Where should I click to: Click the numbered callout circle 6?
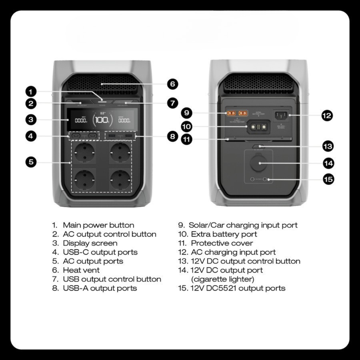coord(172,84)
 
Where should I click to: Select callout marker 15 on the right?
coord(329,179)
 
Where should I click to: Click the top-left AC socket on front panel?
coord(85,152)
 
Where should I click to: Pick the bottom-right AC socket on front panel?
coord(120,180)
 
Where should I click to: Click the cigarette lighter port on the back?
coord(258,163)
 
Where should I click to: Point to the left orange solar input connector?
coord(231,114)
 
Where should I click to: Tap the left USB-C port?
coord(76,136)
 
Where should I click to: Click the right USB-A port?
coord(128,136)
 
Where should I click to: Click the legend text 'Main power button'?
coord(98,225)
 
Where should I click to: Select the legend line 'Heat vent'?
coord(81,270)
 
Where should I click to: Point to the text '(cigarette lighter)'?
coord(222,279)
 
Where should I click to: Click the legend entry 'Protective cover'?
coord(222,243)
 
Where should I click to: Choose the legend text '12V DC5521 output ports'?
coord(238,288)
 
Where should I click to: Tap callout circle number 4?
coord(31,136)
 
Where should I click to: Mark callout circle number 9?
coord(187,113)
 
